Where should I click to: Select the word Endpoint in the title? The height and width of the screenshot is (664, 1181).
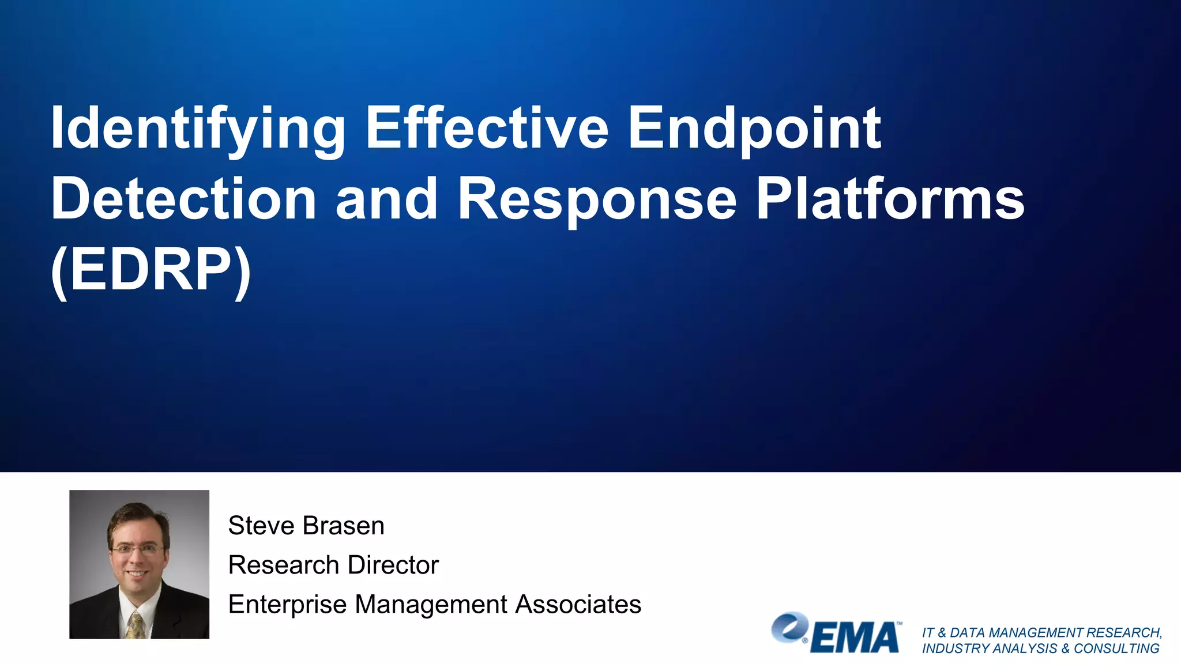[754, 128]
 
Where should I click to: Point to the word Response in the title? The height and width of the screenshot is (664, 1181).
[597, 199]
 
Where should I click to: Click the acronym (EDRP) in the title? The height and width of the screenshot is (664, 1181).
[151, 270]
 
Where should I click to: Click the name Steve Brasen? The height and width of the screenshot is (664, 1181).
[306, 526]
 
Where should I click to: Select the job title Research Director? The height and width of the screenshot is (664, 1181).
[333, 565]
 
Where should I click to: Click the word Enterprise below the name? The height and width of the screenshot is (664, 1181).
[287, 605]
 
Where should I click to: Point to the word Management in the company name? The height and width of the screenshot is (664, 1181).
[431, 605]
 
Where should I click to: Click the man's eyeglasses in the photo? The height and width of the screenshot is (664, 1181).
[137, 550]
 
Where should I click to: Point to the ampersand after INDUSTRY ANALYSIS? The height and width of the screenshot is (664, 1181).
[1065, 648]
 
